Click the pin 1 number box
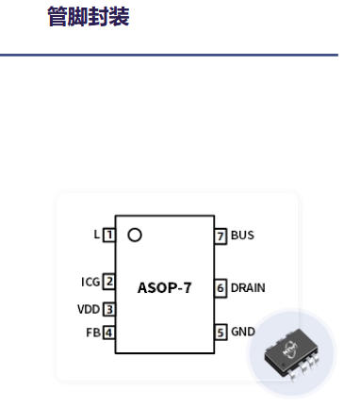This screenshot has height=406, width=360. click(x=109, y=235)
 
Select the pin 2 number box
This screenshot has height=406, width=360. click(x=109, y=282)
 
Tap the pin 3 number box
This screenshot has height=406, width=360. click(x=109, y=309)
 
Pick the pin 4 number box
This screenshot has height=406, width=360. click(x=109, y=333)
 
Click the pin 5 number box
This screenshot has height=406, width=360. click(x=221, y=333)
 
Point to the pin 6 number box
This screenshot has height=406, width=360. click(x=221, y=287)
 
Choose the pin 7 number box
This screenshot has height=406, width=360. click(x=221, y=235)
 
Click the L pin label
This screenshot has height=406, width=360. click(x=96, y=235)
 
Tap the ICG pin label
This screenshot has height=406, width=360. click(x=90, y=282)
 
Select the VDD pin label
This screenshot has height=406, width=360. click(x=89, y=309)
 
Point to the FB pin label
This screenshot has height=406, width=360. click(x=93, y=333)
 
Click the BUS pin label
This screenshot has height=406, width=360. click(x=242, y=235)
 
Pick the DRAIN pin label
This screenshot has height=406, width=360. click(x=248, y=287)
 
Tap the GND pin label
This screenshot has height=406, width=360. click(x=243, y=332)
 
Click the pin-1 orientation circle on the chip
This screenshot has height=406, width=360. click(x=135, y=235)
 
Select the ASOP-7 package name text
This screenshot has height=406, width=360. click(x=164, y=288)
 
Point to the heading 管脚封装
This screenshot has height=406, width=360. click(x=89, y=16)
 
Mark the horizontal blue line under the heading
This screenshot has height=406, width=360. click(x=169, y=55)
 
